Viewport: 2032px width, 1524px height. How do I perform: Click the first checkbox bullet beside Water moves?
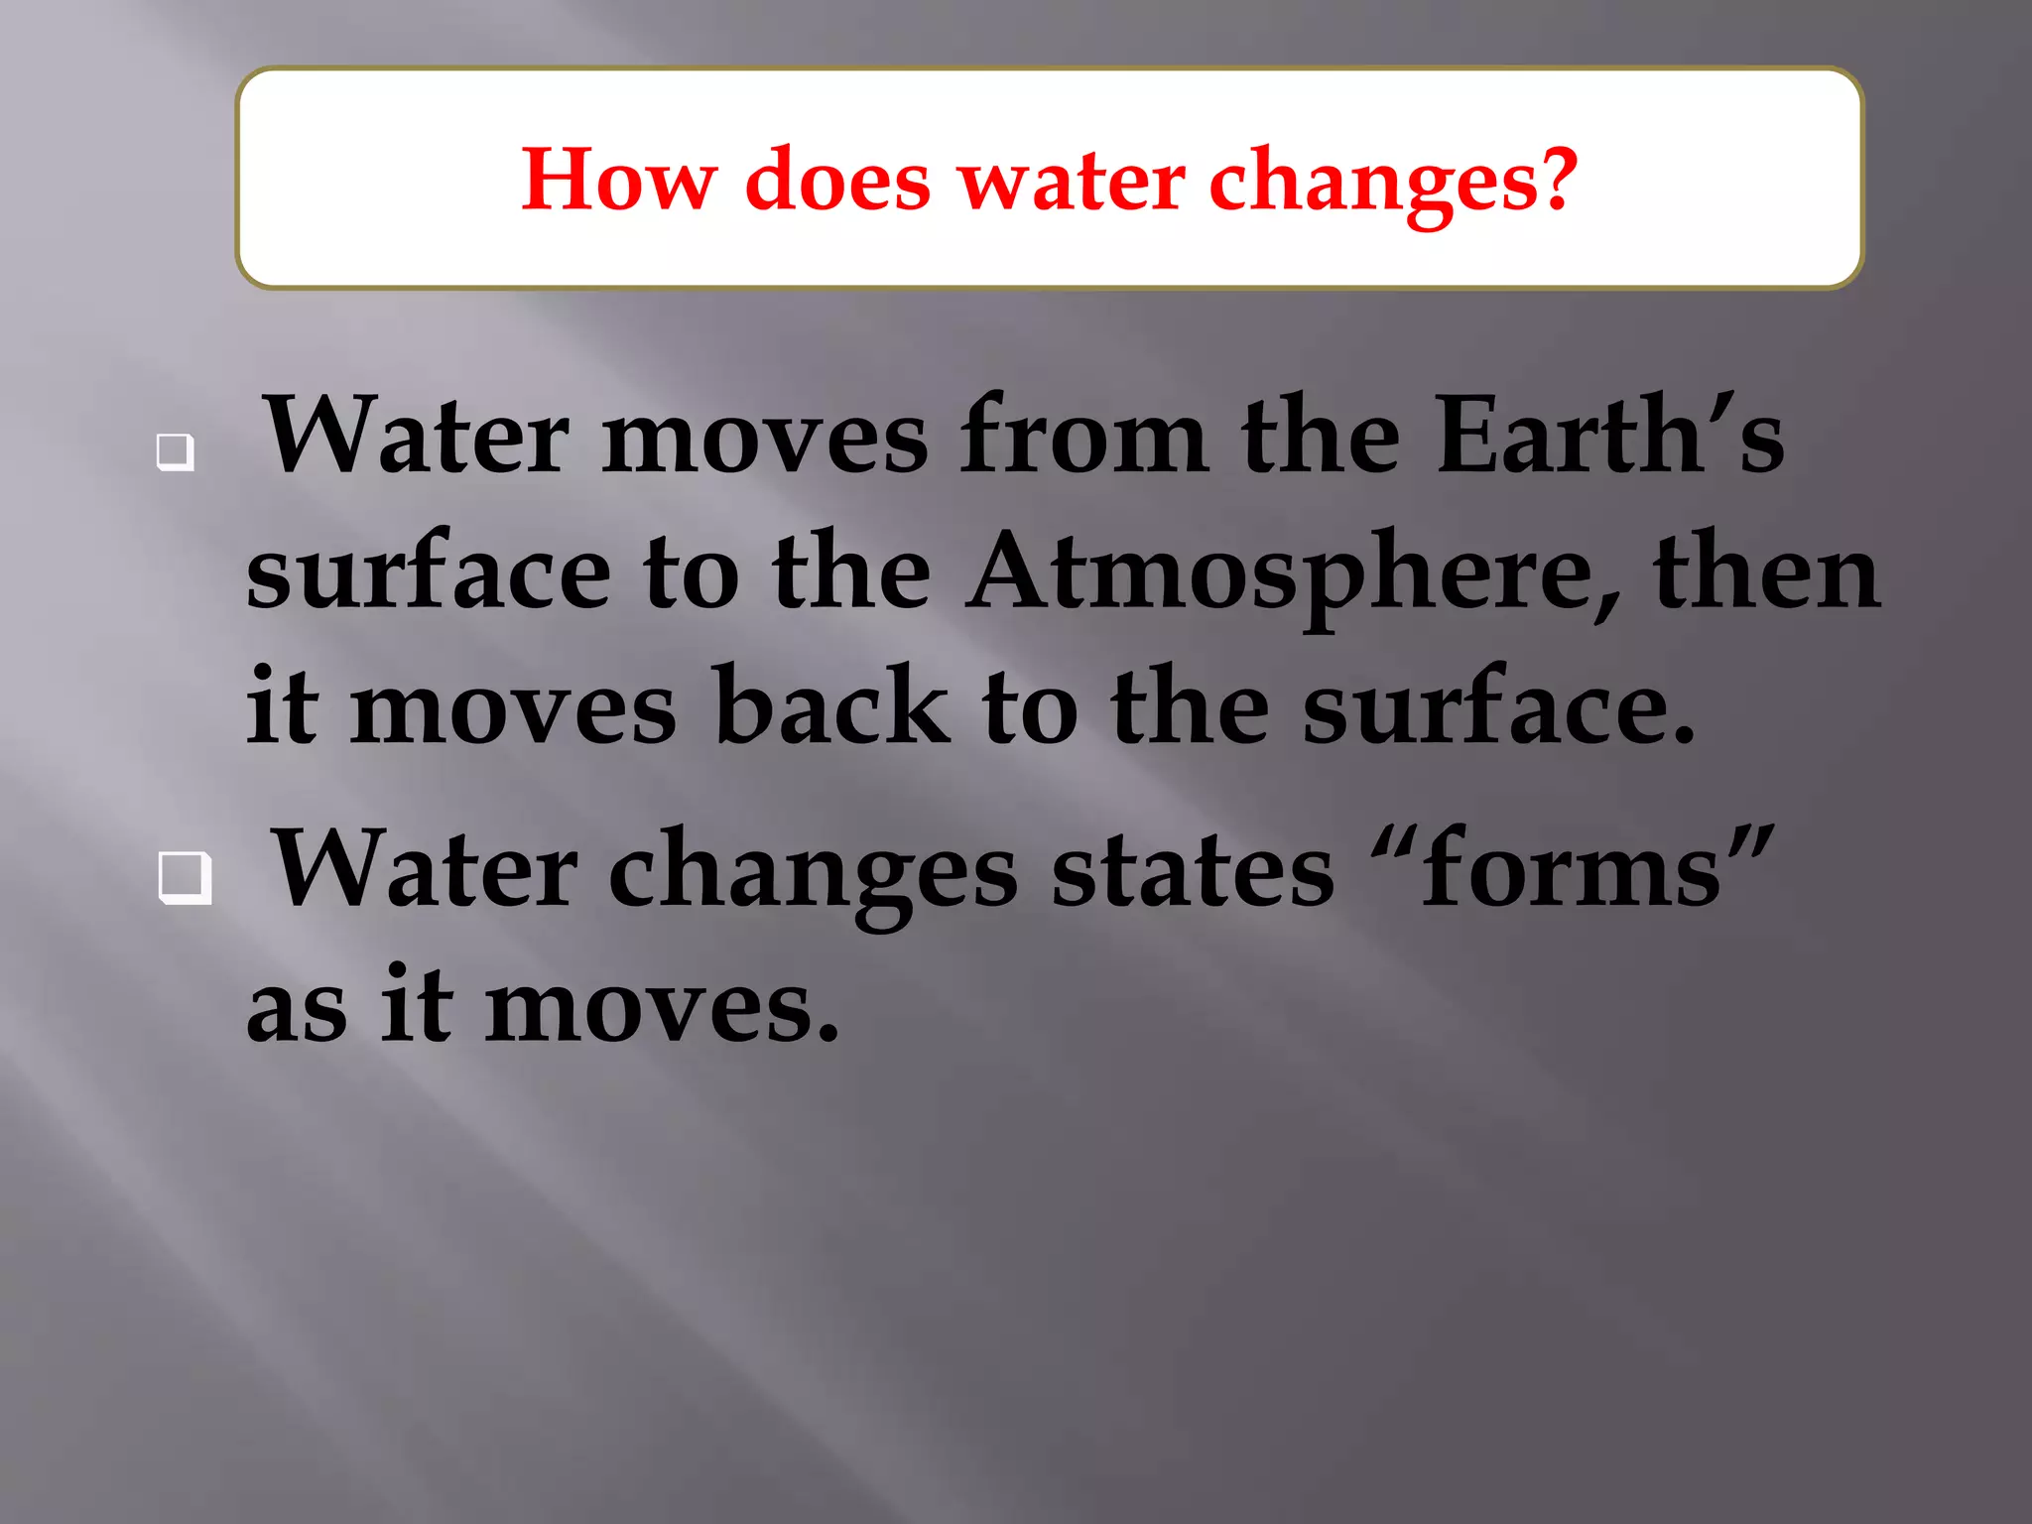click(175, 452)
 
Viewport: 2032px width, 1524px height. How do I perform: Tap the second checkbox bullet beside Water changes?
click(185, 878)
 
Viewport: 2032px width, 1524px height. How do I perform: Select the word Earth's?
click(1609, 435)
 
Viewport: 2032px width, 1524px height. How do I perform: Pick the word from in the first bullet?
click(1083, 435)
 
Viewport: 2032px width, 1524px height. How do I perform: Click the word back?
click(830, 706)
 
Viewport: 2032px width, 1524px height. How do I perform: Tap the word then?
click(1766, 573)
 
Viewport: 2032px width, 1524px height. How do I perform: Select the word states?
click(1193, 870)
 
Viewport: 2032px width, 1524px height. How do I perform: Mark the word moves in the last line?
click(660, 1008)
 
